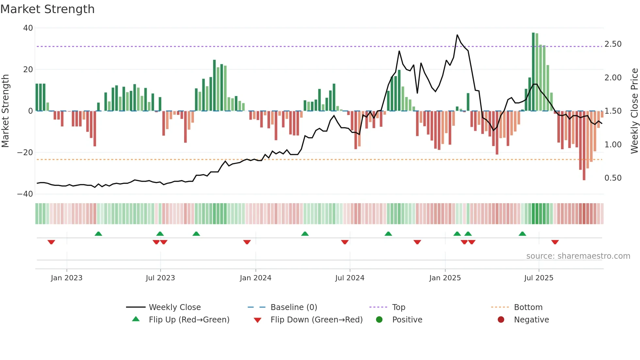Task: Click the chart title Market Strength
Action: pos(47,9)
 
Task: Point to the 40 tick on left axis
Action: pos(28,28)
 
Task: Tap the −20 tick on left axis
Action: pos(25,153)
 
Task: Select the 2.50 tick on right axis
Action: pos(613,44)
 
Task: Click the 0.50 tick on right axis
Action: pos(613,178)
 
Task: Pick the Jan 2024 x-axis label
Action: pos(255,278)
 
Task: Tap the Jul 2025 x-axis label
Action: pos(538,278)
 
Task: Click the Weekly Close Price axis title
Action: pos(634,111)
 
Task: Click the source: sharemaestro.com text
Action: pos(578,256)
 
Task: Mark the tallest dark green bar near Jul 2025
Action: pos(533,72)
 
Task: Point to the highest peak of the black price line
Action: pos(457,35)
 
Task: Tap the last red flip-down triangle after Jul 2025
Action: pos(555,242)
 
